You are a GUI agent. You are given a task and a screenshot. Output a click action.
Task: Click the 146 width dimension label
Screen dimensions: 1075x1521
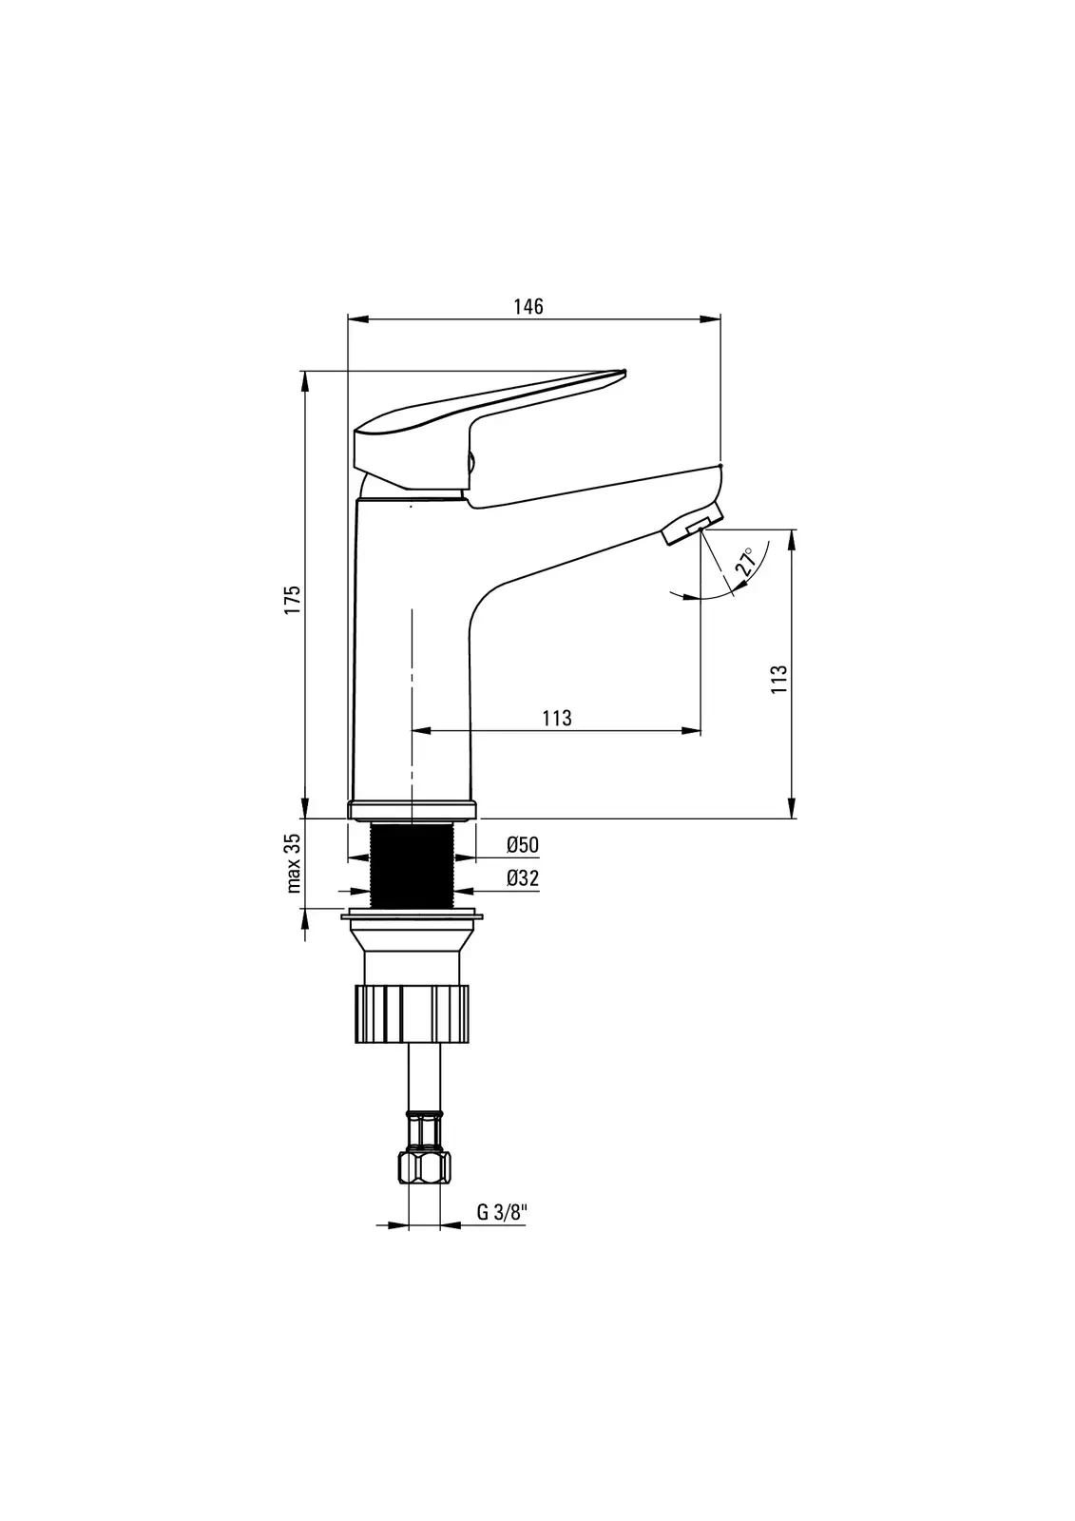pos(528,307)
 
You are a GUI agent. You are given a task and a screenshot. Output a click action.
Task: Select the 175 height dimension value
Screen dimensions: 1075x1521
pos(293,600)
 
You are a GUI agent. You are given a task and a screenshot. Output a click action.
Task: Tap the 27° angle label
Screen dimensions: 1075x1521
pos(745,562)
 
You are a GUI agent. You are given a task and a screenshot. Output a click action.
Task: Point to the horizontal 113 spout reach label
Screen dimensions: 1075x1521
pos(557,718)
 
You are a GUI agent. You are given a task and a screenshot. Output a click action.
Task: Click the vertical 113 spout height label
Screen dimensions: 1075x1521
pos(778,679)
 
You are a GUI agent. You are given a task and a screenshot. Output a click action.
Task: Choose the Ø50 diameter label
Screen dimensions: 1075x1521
pos(522,845)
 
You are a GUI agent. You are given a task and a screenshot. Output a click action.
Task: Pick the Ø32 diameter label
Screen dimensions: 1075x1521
pos(522,878)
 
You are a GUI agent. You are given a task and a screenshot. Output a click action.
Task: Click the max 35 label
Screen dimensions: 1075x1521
pos(293,862)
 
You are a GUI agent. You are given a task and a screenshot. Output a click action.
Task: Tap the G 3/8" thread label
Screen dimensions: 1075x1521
pos(501,1213)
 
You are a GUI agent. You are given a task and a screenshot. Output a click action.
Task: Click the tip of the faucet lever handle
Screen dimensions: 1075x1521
pos(624,372)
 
